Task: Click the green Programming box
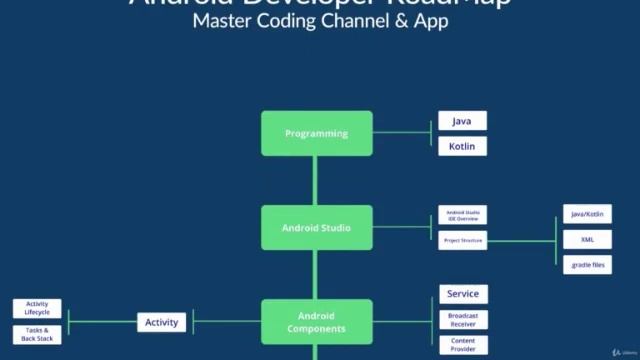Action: (316, 133)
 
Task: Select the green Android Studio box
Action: (316, 227)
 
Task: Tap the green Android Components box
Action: (316, 322)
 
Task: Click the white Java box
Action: (462, 121)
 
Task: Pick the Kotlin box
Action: (462, 146)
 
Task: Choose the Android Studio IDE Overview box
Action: (462, 216)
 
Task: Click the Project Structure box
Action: (462, 240)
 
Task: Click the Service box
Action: (462, 294)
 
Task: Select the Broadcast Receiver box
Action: (462, 319)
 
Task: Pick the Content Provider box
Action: (462, 345)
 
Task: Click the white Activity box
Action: (162, 322)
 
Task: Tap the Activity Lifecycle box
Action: (37, 309)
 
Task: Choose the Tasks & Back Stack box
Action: (37, 334)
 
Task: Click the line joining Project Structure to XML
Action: (520, 240)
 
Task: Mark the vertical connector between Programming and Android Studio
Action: (316, 180)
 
